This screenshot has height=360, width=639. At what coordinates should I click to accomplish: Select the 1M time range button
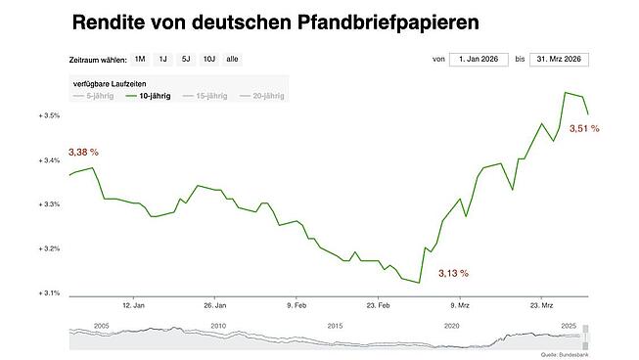point(140,60)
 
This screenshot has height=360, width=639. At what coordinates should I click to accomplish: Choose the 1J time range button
point(162,60)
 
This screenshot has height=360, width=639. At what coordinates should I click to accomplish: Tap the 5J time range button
point(186,60)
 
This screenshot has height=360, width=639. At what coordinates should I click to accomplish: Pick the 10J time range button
point(209,60)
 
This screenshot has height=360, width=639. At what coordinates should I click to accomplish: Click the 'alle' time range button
point(233,60)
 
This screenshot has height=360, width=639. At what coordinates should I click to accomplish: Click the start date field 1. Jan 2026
point(478,60)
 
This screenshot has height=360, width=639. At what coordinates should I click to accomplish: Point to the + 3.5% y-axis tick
point(50,115)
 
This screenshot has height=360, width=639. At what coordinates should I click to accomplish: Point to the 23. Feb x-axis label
point(379,304)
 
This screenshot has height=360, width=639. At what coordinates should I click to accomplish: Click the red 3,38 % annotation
point(83,153)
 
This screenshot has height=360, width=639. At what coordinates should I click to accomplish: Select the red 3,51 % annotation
point(584,128)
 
